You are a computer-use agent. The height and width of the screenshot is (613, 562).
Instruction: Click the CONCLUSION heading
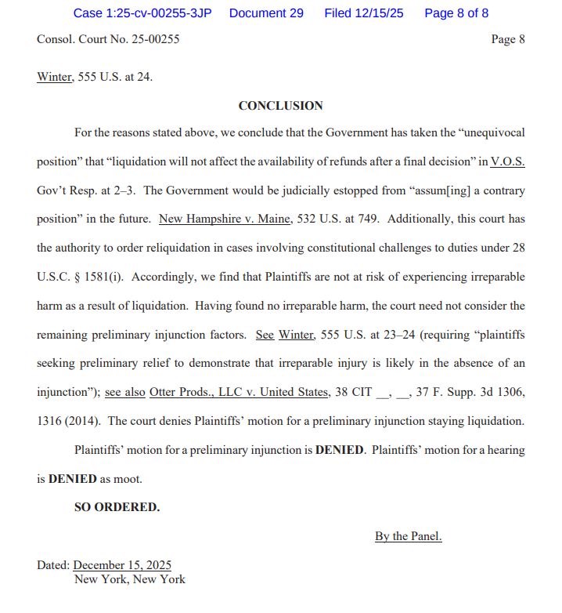pyautogui.click(x=280, y=106)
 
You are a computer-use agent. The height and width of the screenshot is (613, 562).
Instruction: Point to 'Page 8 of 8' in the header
pyautogui.click(x=456, y=13)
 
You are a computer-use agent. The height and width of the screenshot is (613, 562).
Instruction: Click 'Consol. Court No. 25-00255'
pyautogui.click(x=108, y=38)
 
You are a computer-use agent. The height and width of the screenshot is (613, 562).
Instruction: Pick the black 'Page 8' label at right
pyautogui.click(x=508, y=39)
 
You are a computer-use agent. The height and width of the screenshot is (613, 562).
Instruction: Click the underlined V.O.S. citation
pyautogui.click(x=507, y=161)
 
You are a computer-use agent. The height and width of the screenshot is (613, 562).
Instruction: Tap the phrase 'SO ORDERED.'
pyautogui.click(x=117, y=507)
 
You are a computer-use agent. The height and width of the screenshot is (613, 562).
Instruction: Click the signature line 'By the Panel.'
pyautogui.click(x=408, y=536)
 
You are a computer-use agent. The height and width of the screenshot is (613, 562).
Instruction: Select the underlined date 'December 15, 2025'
pyautogui.click(x=122, y=565)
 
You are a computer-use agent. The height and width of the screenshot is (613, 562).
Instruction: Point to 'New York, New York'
pyautogui.click(x=130, y=579)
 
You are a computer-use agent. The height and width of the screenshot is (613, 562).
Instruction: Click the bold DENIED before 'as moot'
pyautogui.click(x=73, y=478)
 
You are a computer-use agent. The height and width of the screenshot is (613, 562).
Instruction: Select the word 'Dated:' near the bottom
pyautogui.click(x=53, y=565)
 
